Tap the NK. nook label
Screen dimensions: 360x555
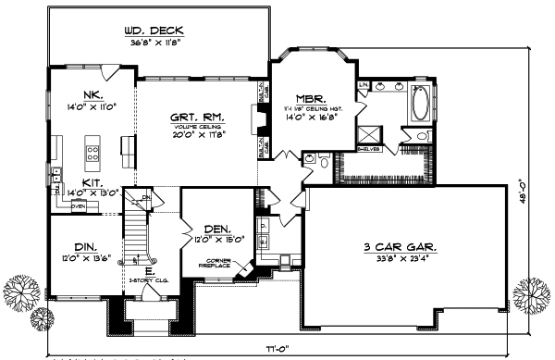tap(92, 94)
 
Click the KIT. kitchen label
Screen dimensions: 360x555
tap(92, 183)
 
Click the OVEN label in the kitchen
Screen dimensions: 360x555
tap(79, 206)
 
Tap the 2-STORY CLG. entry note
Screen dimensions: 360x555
tap(142, 279)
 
